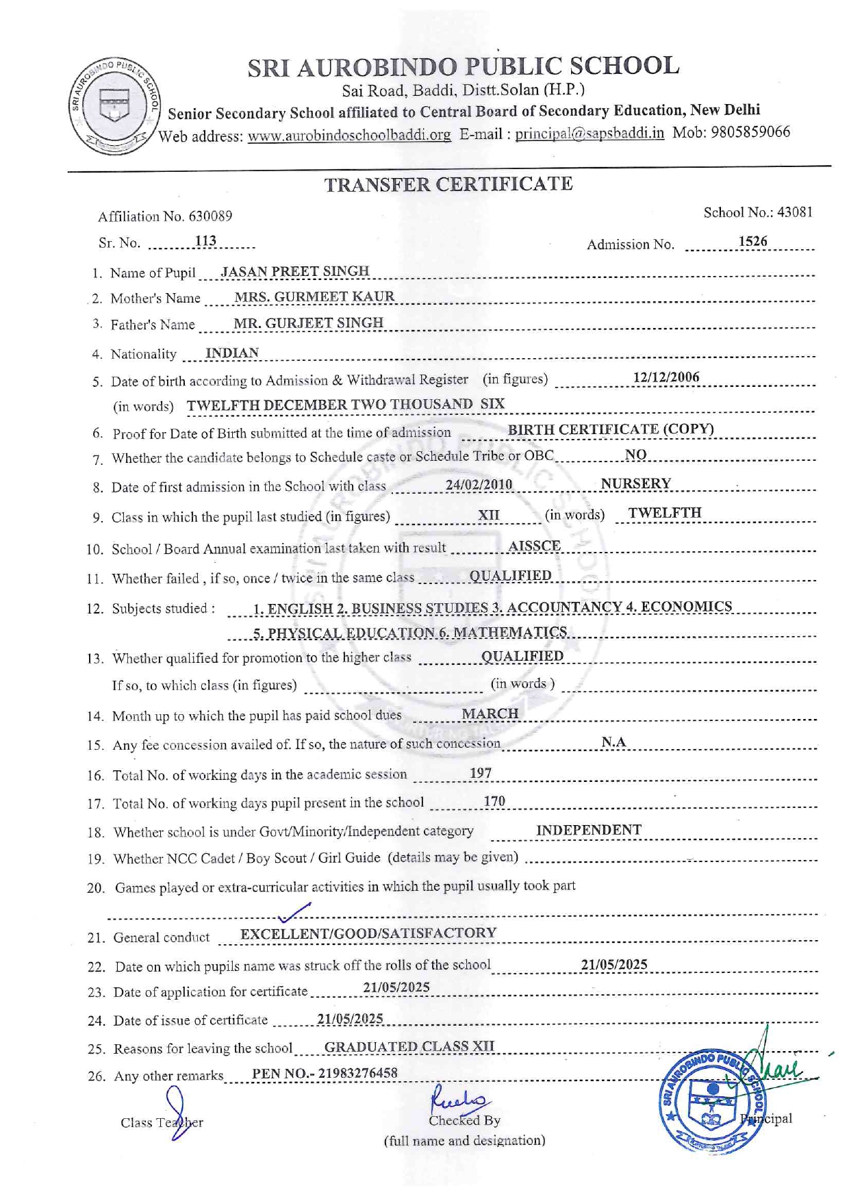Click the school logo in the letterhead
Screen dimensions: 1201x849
(114, 106)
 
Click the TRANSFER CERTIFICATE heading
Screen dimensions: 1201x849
(448, 184)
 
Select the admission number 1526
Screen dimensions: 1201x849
(752, 242)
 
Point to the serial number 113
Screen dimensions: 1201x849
(205, 241)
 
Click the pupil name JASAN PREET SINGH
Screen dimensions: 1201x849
(295, 271)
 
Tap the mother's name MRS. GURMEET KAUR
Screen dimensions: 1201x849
(314, 296)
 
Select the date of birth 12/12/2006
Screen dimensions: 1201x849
(666, 377)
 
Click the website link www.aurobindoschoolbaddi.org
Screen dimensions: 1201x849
(349, 135)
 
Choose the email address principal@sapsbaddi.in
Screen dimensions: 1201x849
(590, 133)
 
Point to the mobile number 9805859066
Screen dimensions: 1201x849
(750, 131)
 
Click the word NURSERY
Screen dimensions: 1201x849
(635, 483)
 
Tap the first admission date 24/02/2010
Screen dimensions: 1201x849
(479, 485)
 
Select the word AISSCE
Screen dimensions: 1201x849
(534, 546)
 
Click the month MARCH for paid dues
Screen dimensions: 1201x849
(490, 713)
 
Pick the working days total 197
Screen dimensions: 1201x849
(480, 773)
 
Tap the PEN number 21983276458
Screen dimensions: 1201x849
(359, 1073)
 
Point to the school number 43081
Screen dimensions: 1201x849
(794, 212)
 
